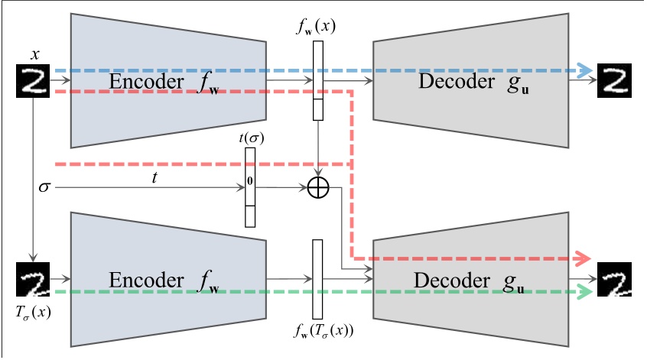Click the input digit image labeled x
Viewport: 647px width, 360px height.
pyautogui.click(x=33, y=80)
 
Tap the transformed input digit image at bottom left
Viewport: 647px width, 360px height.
pyautogui.click(x=33, y=280)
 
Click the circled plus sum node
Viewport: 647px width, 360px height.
pyautogui.click(x=317, y=187)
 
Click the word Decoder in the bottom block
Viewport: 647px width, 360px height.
pyautogui.click(x=449, y=280)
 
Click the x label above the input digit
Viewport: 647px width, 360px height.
pyautogui.click(x=34, y=55)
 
